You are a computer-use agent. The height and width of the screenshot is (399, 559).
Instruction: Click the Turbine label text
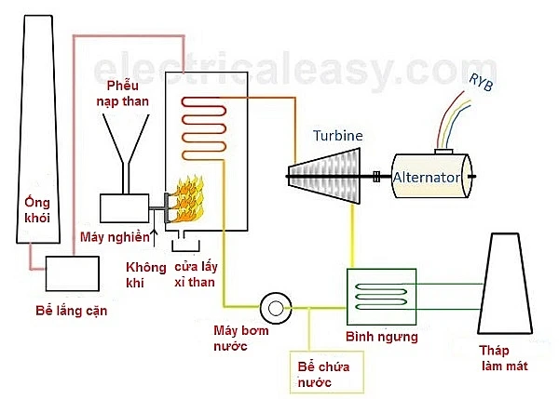[x=336, y=136]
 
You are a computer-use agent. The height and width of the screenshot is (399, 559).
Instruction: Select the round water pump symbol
[x=277, y=306]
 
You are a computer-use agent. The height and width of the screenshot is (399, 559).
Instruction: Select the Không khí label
[x=145, y=274]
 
